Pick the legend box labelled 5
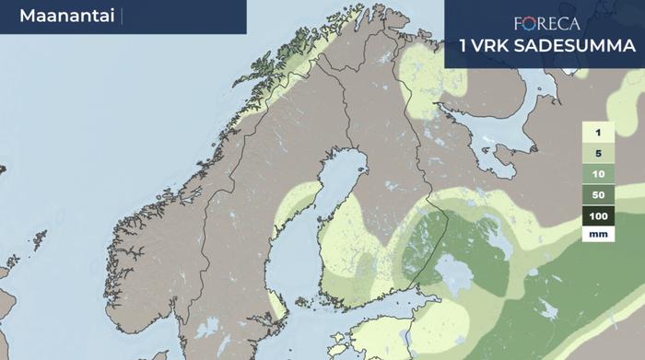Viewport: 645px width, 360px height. (x=598, y=154)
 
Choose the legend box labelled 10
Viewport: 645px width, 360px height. (x=598, y=174)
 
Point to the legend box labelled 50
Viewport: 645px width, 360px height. (x=598, y=194)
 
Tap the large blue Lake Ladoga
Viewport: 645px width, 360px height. (x=454, y=273)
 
